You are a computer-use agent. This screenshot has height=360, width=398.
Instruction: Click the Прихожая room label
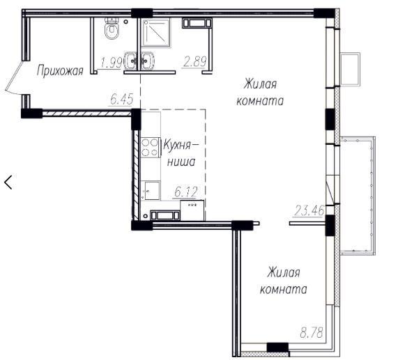pyautogui.click(x=60, y=71)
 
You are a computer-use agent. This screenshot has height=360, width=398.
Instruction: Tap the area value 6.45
pyautogui.click(x=122, y=99)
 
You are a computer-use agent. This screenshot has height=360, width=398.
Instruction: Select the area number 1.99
pyautogui.click(x=112, y=63)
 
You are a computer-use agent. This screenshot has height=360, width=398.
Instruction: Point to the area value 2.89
pyautogui.click(x=195, y=61)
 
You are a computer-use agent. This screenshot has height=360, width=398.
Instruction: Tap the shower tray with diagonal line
pyautogui.click(x=156, y=33)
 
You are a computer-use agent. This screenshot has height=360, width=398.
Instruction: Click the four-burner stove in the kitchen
pyautogui.click(x=150, y=148)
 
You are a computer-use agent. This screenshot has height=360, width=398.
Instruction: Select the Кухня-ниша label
pyautogui.click(x=181, y=153)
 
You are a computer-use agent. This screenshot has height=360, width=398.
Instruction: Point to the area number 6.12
pyautogui.click(x=186, y=192)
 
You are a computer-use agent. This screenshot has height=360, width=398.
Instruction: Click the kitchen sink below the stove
pyautogui.click(x=151, y=190)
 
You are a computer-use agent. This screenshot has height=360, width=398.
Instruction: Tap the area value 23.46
pyautogui.click(x=309, y=210)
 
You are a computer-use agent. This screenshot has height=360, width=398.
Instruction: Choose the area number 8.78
pyautogui.click(x=312, y=333)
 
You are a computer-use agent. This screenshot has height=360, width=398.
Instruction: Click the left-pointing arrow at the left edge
pyautogui.click(x=8, y=182)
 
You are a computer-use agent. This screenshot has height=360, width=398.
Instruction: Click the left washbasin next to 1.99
pyautogui.click(x=130, y=61)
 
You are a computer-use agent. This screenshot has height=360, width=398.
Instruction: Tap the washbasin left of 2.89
pyautogui.click(x=147, y=61)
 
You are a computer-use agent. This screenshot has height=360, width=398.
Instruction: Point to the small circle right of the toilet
pyautogui.click(x=125, y=22)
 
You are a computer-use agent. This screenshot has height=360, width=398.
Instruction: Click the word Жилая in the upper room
pyautogui.click(x=260, y=84)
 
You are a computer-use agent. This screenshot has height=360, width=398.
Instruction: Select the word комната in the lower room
pyautogui.click(x=283, y=289)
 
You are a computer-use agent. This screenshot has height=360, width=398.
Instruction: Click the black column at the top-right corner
pyautogui.click(x=324, y=13)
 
